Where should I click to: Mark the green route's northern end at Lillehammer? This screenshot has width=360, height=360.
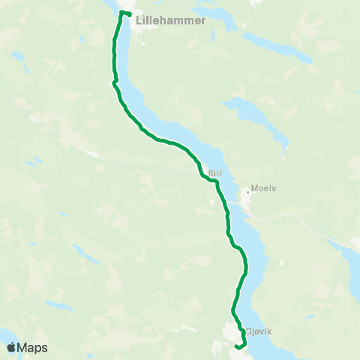point(130,14)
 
